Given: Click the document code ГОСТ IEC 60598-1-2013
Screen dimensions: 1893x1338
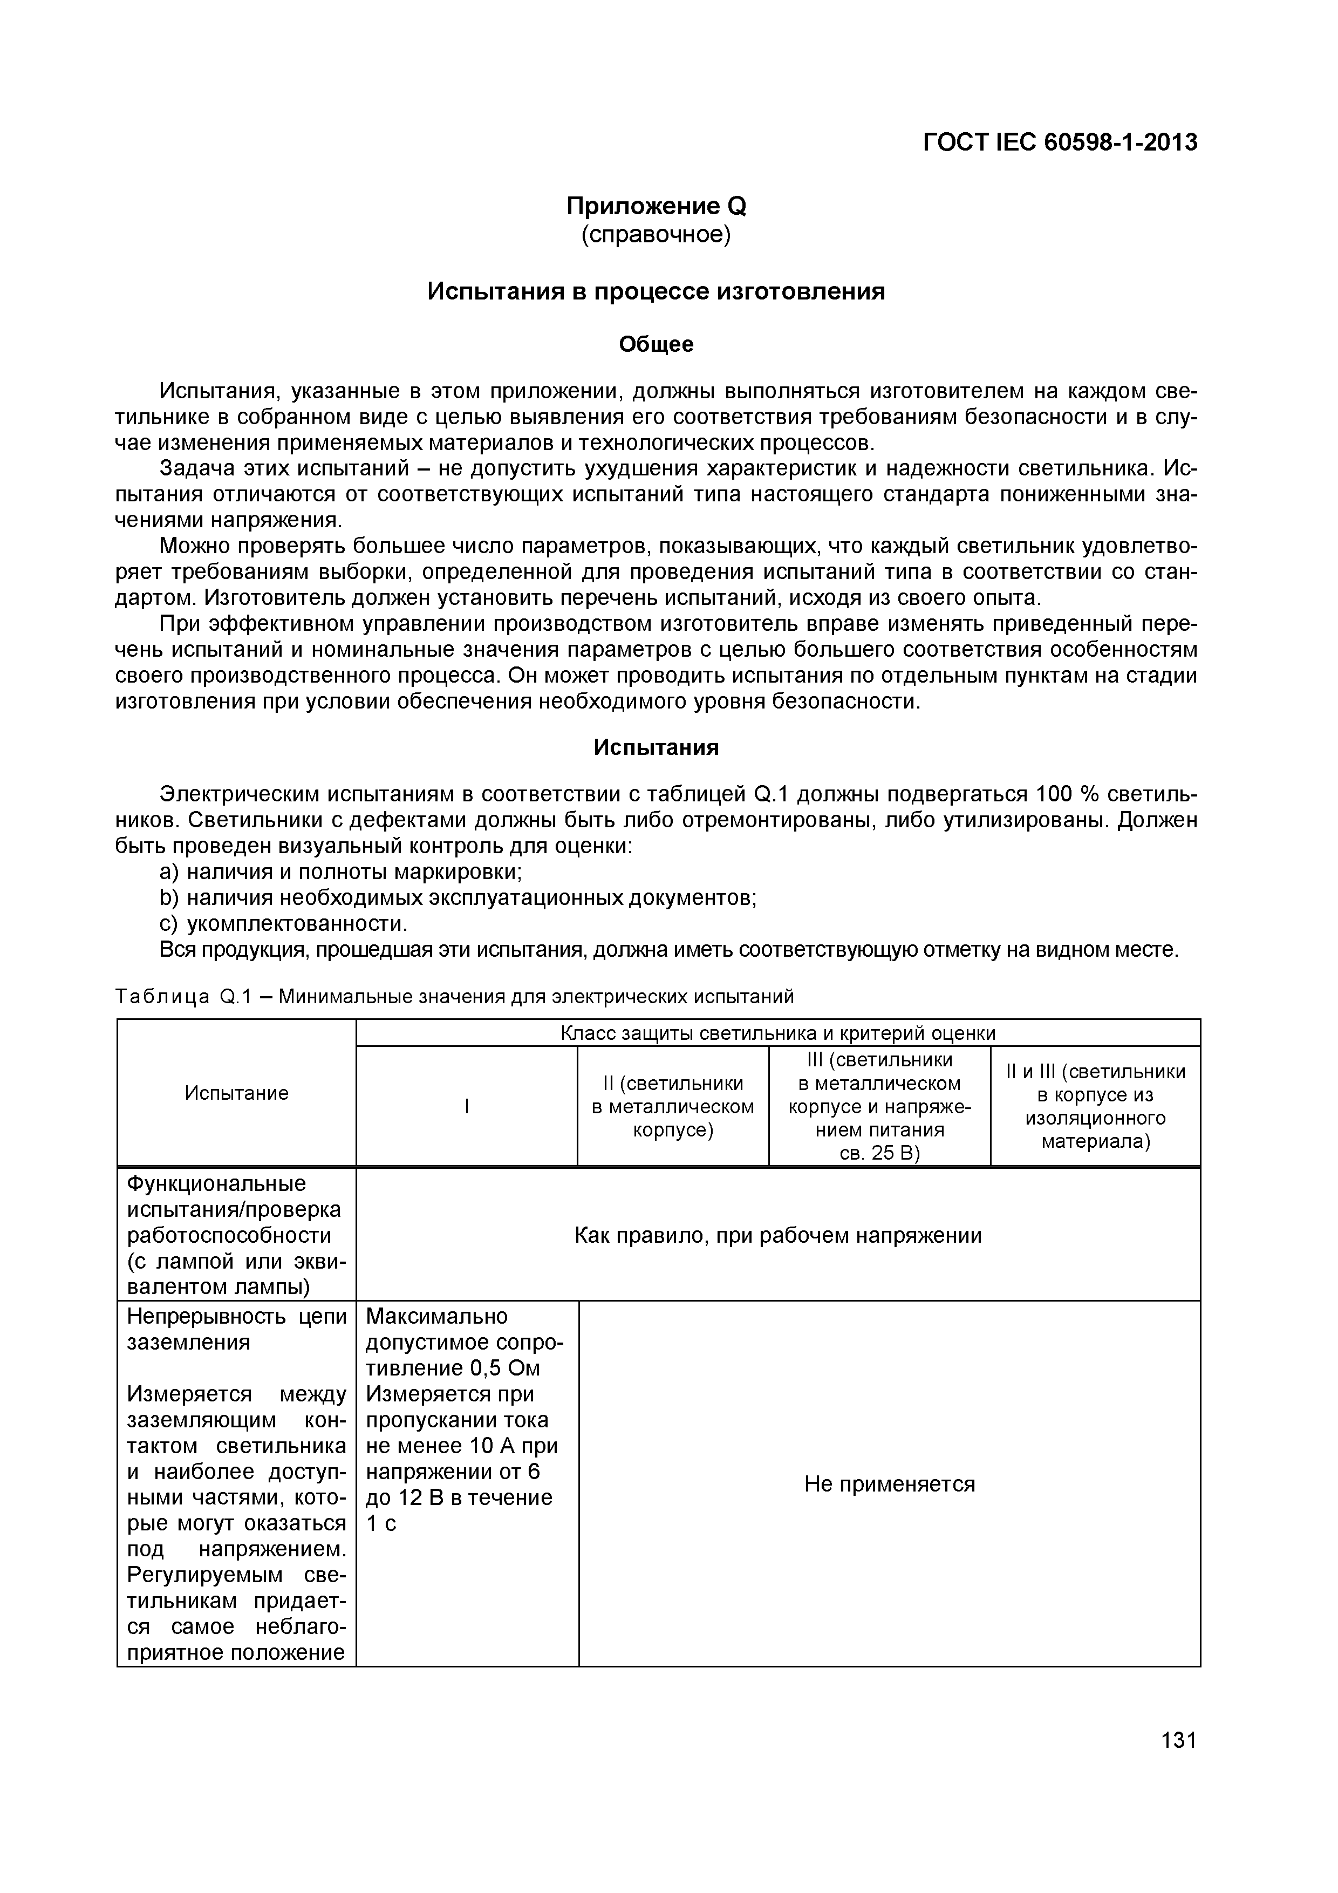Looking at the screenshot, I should [1060, 142].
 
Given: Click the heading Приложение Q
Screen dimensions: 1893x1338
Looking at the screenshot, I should [656, 206].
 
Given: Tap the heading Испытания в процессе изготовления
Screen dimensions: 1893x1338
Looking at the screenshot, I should [656, 292].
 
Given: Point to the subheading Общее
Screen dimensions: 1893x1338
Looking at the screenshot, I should [656, 345].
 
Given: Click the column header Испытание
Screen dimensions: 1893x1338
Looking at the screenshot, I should [237, 1093].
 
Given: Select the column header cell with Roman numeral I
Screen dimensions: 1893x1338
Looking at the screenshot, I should [467, 1106].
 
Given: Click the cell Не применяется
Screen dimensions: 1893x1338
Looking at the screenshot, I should [889, 1484].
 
